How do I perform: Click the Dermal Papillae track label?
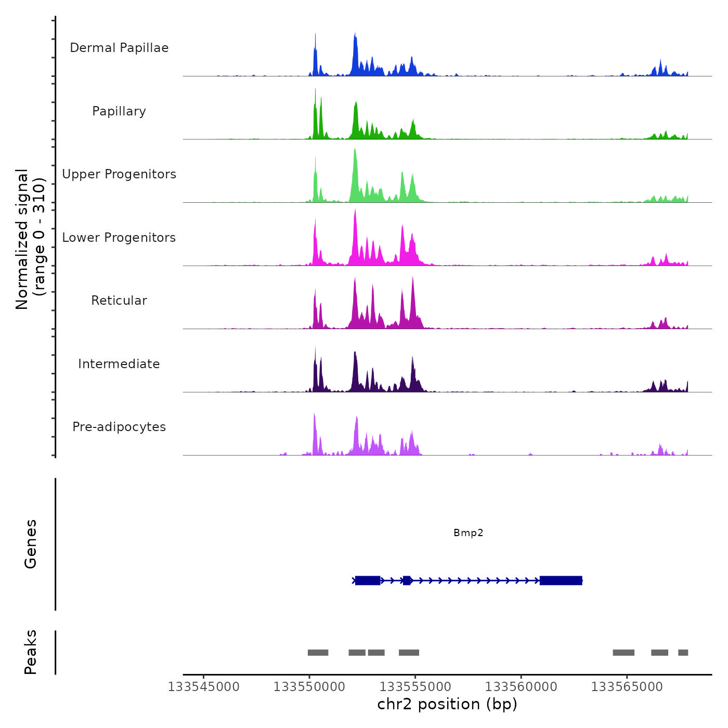(x=119, y=48)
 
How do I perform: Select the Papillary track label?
(x=119, y=111)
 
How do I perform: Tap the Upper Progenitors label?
(x=119, y=174)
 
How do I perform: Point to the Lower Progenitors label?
(x=119, y=238)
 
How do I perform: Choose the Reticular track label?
(x=119, y=301)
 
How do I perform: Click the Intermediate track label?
(x=119, y=364)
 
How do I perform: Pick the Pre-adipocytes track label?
(x=119, y=427)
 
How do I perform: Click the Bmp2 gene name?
(x=468, y=532)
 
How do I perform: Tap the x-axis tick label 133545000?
(x=203, y=687)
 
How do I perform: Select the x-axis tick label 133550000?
(x=309, y=687)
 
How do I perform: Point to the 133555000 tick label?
(x=415, y=687)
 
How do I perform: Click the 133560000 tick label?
(x=521, y=687)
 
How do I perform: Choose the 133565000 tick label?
(x=627, y=687)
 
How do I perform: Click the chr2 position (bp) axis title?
(x=447, y=704)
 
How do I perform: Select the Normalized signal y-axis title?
(x=30, y=239)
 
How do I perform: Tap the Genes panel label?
(x=30, y=544)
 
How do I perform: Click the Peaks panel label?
(x=30, y=652)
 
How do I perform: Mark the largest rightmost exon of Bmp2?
(x=561, y=580)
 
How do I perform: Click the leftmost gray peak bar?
(x=318, y=653)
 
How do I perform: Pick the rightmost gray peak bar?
(x=683, y=653)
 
